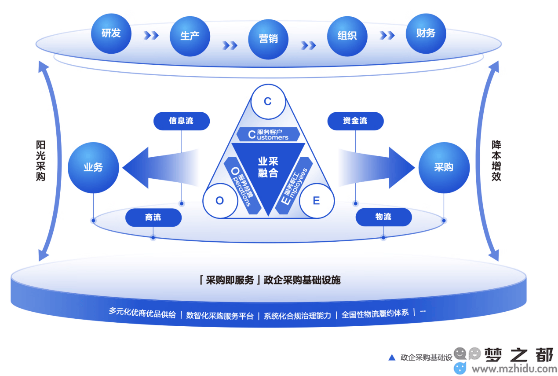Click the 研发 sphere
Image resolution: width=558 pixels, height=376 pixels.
111,34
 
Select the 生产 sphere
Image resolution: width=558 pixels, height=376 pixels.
190,37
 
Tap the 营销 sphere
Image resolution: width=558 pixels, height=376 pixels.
268,39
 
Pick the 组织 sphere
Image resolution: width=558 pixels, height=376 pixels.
347,37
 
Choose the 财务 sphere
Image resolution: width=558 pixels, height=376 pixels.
426,34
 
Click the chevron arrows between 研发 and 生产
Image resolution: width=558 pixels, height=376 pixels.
151,35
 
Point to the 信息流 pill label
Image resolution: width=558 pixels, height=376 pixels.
182,121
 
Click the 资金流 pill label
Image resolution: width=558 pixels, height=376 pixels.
355,121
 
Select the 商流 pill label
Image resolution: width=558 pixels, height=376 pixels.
153,217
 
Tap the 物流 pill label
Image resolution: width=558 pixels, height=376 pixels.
383,217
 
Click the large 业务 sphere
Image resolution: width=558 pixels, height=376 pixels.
93,168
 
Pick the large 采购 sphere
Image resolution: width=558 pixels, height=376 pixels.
444,168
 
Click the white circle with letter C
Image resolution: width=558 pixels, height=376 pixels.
268,102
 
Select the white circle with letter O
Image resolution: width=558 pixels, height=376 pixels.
220,201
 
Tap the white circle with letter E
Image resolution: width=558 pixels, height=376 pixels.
317,201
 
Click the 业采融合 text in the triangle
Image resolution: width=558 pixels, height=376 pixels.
268,167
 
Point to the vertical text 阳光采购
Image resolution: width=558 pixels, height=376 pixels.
40,161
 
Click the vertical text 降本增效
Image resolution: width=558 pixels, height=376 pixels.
496,161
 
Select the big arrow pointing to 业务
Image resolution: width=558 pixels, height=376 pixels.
160,168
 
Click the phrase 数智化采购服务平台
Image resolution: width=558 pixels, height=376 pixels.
220,316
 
